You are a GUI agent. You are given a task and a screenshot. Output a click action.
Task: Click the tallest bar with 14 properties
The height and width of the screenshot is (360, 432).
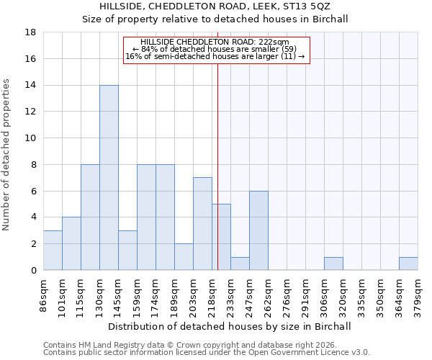[x=109, y=177]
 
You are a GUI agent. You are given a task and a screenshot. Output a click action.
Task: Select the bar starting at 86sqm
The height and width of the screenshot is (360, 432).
[x=53, y=250]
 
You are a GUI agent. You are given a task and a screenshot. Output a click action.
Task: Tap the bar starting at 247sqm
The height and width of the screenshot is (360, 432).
[x=258, y=230]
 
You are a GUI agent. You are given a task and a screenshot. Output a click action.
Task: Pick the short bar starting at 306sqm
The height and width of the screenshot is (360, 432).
[x=333, y=264]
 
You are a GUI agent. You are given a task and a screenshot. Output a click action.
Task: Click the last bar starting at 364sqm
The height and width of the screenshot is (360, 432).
[x=408, y=264]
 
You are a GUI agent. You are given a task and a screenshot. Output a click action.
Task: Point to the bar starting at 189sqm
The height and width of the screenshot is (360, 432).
[x=184, y=256]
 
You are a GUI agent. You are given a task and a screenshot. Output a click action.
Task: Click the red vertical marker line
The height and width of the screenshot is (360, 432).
[x=217, y=166]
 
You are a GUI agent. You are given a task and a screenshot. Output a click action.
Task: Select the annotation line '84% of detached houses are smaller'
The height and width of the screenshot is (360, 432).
[x=215, y=49]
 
